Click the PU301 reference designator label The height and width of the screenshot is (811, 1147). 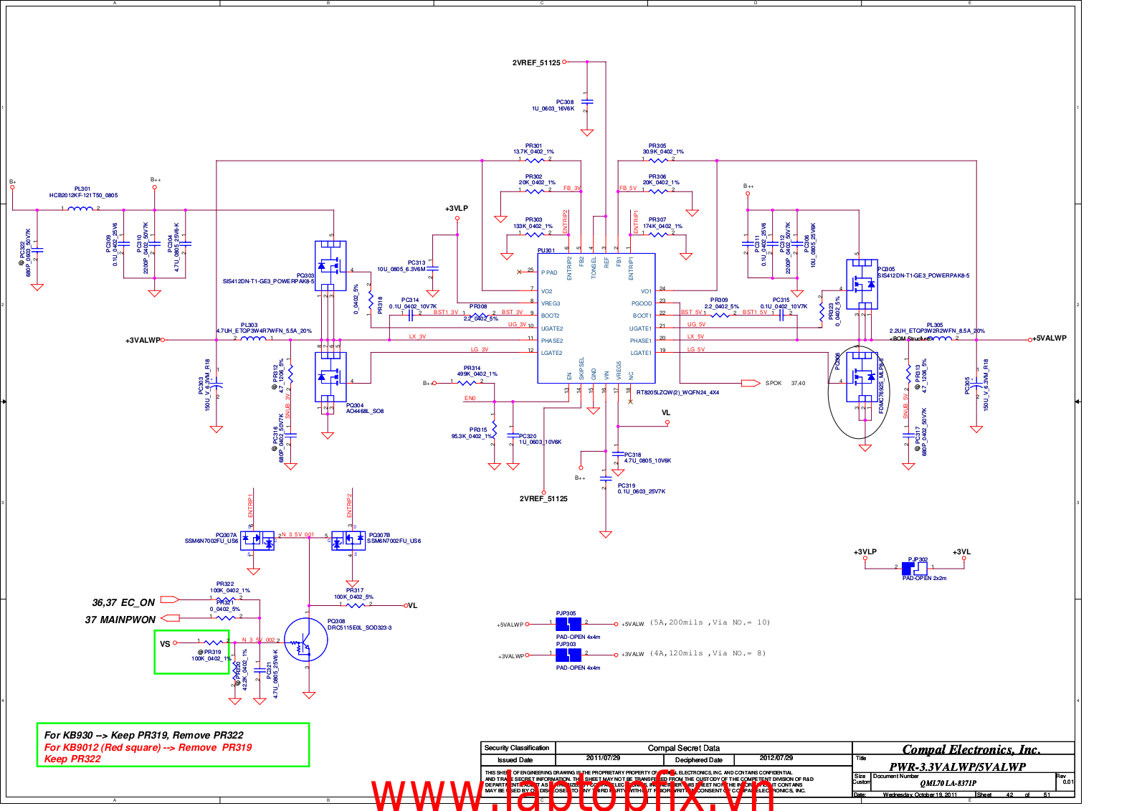coord(546,250)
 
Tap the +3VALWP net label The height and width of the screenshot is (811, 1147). coord(143,341)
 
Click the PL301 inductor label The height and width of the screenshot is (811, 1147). coord(82,189)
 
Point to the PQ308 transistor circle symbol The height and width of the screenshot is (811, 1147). coord(306,640)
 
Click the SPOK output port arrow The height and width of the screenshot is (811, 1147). coord(751,383)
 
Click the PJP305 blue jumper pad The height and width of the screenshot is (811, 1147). coord(568,624)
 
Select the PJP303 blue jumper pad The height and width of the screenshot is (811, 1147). coord(568,655)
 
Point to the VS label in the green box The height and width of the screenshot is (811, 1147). coord(165,644)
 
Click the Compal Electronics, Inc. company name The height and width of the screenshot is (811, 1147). coord(971,749)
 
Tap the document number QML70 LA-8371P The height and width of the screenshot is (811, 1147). coord(948,783)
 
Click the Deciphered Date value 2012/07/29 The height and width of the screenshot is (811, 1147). coord(776,758)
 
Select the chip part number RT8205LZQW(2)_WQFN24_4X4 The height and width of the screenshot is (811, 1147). coord(677,392)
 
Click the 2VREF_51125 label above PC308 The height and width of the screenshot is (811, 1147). coord(536,63)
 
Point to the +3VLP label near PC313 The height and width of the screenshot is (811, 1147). coord(456,209)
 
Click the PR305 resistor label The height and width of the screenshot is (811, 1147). coord(657,146)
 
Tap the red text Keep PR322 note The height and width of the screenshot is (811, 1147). coord(72,759)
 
